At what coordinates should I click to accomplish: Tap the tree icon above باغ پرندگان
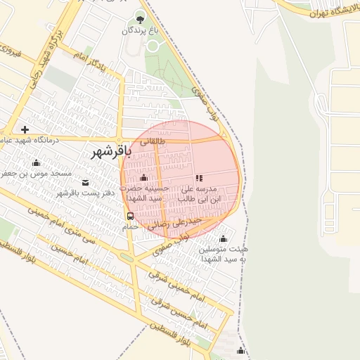pos(139,19)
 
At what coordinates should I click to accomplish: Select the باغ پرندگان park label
pos(139,30)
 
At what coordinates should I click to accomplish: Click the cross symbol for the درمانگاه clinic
pos(25,129)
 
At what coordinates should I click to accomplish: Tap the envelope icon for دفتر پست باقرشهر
pos(85,183)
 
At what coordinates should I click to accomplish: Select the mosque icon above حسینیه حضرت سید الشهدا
pos(144,177)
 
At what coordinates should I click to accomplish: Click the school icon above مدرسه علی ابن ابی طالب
pos(199,179)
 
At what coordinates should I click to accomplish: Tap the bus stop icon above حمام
pos(130,216)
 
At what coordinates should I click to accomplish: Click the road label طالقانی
pos(154,141)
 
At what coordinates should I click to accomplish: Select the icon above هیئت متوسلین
pos(224,238)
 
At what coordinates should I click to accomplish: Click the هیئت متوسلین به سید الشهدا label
pos(224,254)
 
